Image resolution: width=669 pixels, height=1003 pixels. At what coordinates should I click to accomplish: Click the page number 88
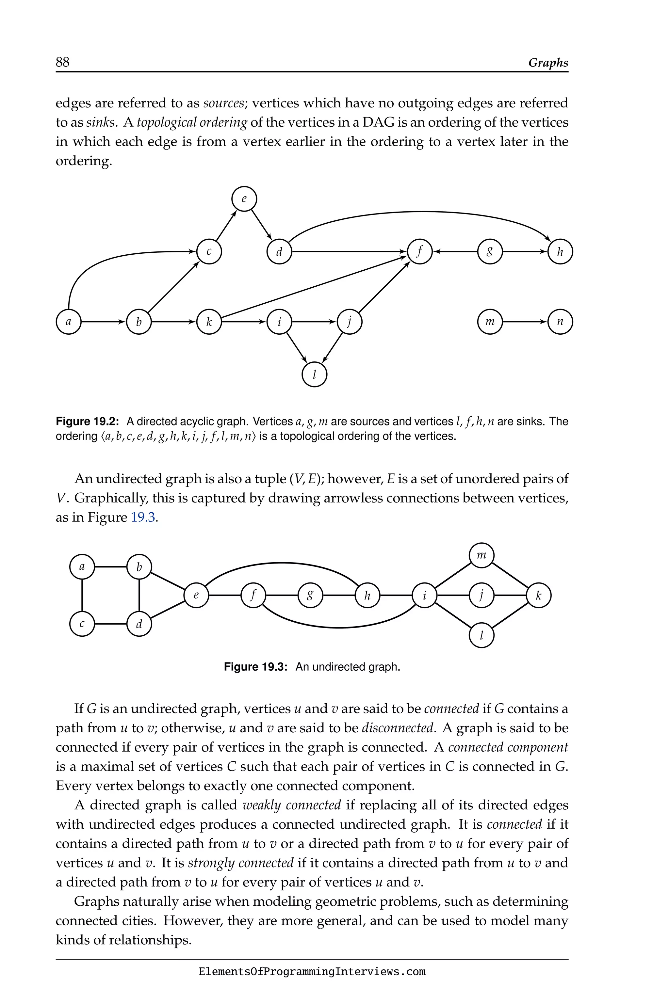[x=62, y=62]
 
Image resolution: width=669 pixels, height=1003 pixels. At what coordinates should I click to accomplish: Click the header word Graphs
[x=548, y=63]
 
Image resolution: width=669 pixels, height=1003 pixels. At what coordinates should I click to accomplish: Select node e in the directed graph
[x=244, y=199]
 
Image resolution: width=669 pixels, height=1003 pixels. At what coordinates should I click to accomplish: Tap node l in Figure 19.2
[x=315, y=374]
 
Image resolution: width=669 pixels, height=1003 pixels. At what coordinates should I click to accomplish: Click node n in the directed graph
[x=560, y=322]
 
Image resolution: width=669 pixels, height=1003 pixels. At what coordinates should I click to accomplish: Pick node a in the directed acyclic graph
[x=69, y=322]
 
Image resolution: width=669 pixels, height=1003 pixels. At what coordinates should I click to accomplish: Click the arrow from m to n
[x=525, y=322]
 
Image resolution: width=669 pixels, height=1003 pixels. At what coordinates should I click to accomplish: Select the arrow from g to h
[x=525, y=252]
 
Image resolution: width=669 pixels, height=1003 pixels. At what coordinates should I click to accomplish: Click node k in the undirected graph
[x=538, y=595]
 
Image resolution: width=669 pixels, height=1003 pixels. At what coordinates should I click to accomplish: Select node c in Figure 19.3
[x=82, y=624]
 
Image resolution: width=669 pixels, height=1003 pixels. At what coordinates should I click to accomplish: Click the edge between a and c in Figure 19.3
[x=82, y=595]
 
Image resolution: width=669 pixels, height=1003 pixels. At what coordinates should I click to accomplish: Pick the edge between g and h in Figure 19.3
[x=339, y=595]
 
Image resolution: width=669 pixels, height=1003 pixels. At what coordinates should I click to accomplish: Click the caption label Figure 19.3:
[x=255, y=667]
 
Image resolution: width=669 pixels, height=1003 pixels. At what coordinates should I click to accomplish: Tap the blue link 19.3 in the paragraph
[x=143, y=517]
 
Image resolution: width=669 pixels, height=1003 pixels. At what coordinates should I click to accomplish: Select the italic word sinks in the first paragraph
[x=100, y=122]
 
